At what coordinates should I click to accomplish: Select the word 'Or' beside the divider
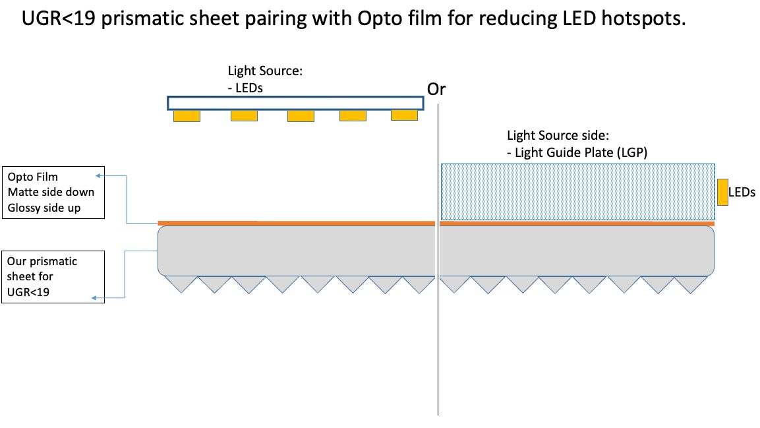point(436,90)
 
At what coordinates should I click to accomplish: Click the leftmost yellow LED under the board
point(187,116)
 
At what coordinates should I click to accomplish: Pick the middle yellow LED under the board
point(301,116)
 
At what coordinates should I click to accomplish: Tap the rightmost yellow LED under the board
point(404,115)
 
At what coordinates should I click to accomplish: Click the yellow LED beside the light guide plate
point(722,192)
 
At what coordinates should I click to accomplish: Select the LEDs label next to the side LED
point(742,193)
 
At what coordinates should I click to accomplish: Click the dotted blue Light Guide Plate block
point(577,191)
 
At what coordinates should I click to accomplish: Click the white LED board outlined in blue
point(295,103)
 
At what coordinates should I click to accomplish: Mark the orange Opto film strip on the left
point(297,224)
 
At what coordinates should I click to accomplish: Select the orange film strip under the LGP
point(577,224)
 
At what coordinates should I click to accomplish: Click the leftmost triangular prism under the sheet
point(180,283)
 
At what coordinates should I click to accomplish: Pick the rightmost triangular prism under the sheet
point(692,284)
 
